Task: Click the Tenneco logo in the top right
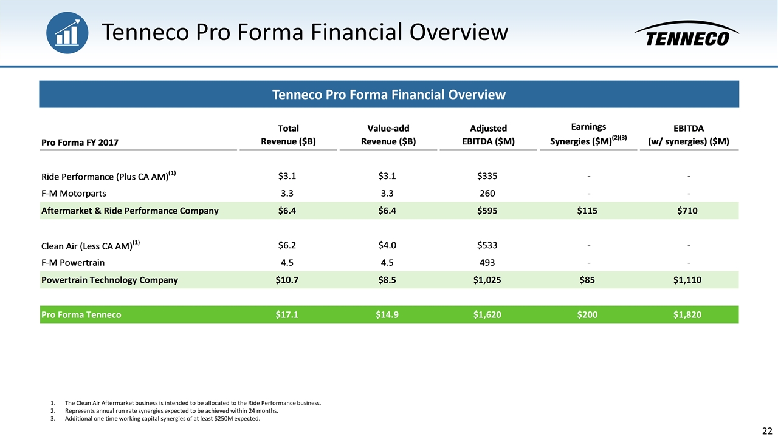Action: [686, 35]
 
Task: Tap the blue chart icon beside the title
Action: [67, 32]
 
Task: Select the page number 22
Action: [767, 430]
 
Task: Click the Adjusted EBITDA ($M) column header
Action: [488, 135]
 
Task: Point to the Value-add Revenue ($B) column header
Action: [388, 135]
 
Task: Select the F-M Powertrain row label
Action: [72, 263]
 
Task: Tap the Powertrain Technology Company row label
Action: [109, 280]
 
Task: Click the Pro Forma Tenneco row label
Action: [81, 314]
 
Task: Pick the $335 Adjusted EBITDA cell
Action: [487, 176]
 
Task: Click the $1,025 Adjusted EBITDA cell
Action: [487, 280]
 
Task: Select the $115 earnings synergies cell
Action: [588, 211]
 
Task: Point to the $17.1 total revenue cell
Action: [287, 314]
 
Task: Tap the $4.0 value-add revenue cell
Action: [388, 245]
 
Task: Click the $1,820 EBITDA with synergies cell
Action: [689, 314]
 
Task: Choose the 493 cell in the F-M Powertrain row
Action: [487, 263]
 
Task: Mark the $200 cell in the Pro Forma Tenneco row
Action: [588, 314]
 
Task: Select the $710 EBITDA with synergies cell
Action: [689, 211]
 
